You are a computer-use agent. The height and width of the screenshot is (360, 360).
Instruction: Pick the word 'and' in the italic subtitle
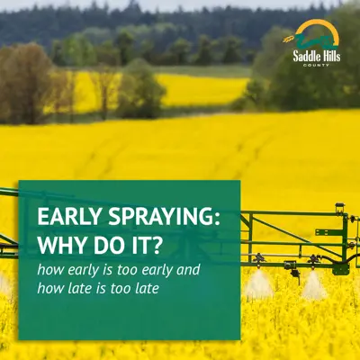[x=188, y=269]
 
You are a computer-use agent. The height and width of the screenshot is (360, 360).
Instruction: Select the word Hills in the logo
[x=332, y=56]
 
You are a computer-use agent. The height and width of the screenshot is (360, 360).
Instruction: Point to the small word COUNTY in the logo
[x=316, y=65]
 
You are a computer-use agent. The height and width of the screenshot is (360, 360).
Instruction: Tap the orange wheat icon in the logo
[x=289, y=39]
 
